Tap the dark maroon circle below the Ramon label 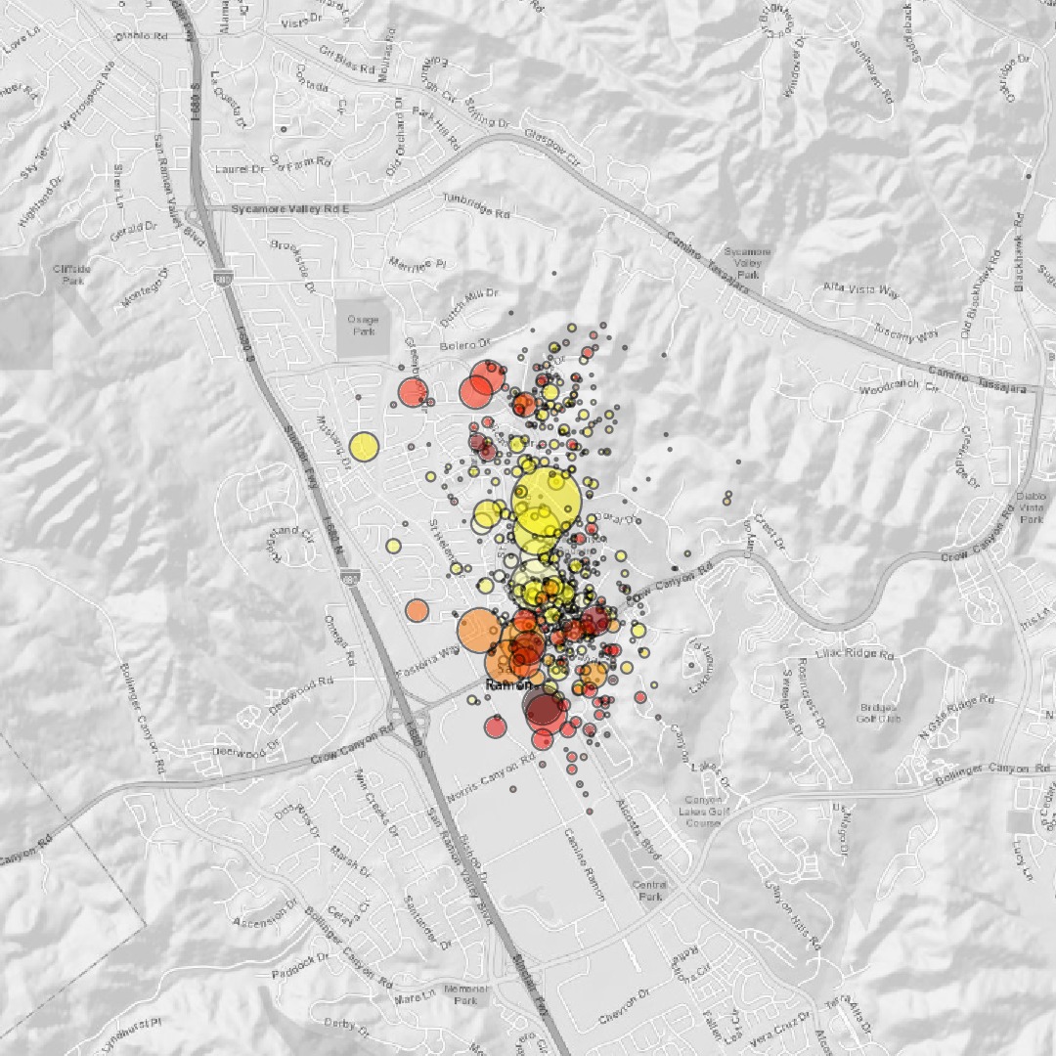(x=544, y=708)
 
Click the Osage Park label (x=362, y=326)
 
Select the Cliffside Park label (x=73, y=275)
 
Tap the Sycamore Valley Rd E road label (x=290, y=209)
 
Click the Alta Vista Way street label (x=861, y=290)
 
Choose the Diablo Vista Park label (x=1032, y=507)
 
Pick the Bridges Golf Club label (x=880, y=713)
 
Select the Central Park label (x=649, y=890)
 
